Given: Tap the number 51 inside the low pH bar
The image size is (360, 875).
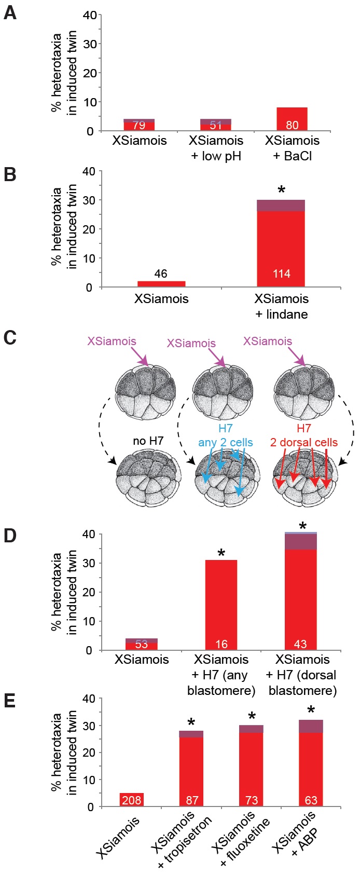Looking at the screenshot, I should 215,125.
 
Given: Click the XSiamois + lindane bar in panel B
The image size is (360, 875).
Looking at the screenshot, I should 281,243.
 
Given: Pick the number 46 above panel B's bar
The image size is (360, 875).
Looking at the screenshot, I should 161,274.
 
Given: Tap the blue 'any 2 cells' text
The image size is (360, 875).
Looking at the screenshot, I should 225,443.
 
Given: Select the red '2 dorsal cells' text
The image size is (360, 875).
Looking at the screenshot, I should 303,443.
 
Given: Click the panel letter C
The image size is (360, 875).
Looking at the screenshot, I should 10,338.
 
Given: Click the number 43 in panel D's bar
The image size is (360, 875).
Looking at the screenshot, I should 300,644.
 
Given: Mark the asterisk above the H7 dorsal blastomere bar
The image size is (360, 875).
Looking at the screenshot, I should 303,526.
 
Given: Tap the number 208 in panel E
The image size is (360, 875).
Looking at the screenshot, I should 132,800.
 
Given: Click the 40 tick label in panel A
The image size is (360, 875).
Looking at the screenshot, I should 89,15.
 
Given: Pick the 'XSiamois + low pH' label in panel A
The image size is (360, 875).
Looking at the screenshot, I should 216,148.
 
